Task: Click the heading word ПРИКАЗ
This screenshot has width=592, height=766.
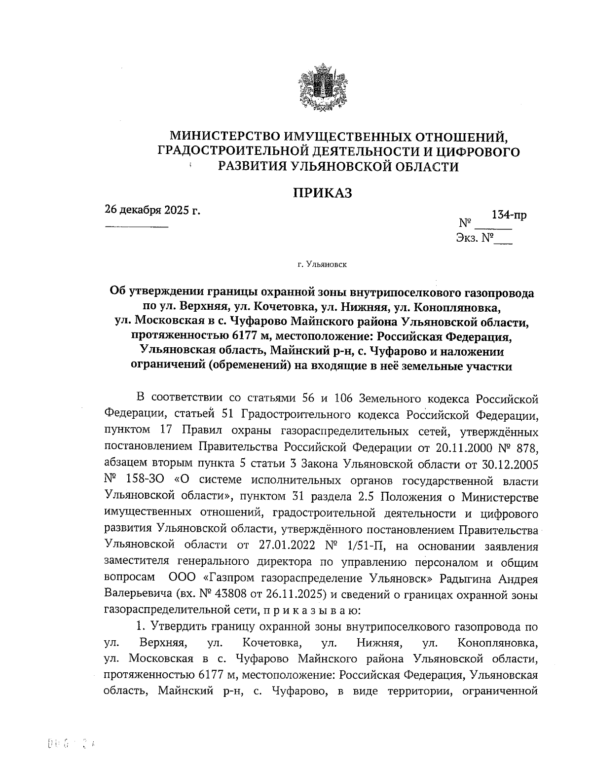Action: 323,193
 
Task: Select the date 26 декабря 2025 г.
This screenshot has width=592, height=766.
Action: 152,210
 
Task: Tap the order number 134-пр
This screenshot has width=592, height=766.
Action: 509,215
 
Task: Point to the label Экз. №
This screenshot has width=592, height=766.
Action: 475,239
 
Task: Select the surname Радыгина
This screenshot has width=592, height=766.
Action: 471,578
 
